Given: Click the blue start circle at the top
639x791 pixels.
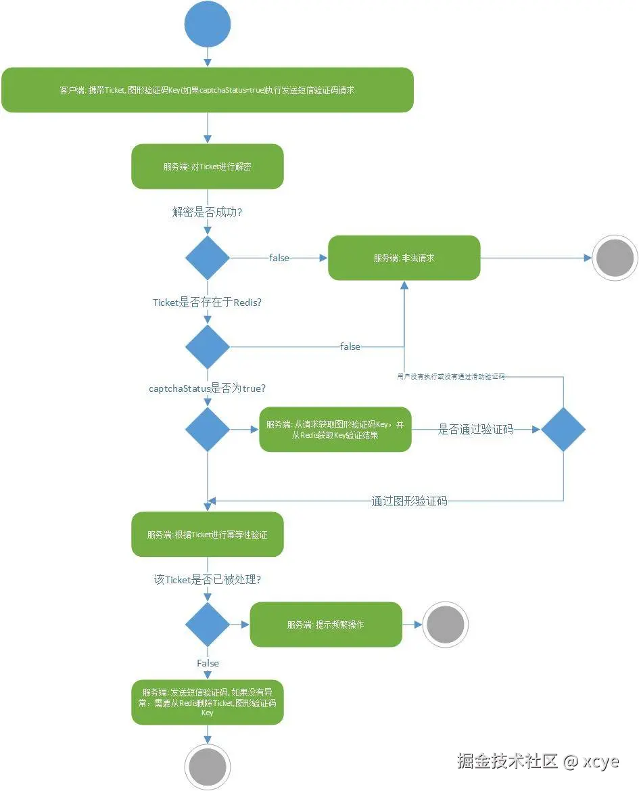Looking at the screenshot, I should click(x=208, y=24).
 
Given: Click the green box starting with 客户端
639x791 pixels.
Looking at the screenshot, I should click(x=207, y=90).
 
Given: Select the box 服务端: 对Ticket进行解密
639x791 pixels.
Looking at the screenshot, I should click(x=207, y=166).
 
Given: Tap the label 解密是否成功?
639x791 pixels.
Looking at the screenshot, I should click(x=208, y=212).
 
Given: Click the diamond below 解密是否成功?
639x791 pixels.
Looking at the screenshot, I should click(x=208, y=258).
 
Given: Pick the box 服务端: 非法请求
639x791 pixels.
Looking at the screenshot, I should click(x=404, y=258).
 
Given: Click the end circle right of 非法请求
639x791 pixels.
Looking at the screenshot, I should click(x=615, y=258).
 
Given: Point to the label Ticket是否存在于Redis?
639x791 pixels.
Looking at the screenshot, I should click(x=207, y=302).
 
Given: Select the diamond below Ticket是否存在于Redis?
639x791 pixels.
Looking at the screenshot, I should click(x=208, y=346).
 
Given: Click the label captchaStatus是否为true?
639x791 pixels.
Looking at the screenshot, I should click(x=207, y=388).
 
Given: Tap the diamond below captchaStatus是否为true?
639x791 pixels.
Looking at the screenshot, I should click(x=208, y=429).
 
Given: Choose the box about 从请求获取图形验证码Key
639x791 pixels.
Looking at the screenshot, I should click(x=335, y=430).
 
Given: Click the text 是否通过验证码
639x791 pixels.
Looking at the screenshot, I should click(x=475, y=429).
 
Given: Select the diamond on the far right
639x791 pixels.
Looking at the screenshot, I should click(x=563, y=429).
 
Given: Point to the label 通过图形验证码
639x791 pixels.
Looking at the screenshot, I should click(x=408, y=501).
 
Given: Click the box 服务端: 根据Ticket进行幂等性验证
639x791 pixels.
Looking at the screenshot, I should click(x=207, y=535).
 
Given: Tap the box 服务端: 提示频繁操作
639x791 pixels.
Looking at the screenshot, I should click(x=325, y=625).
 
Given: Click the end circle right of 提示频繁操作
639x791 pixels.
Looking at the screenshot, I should click(x=446, y=625).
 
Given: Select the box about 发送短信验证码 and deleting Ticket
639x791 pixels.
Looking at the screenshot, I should click(x=207, y=702).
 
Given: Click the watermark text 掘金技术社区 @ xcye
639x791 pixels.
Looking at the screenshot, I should click(x=538, y=761).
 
